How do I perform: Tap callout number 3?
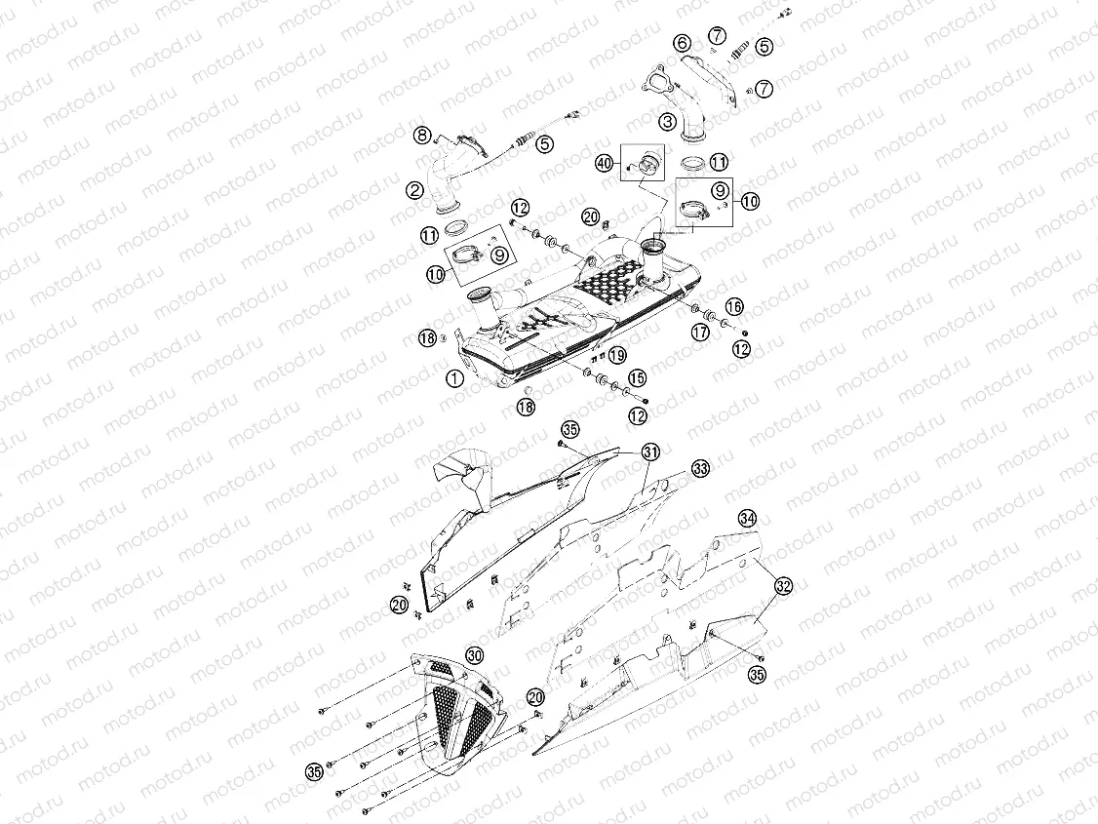click(x=667, y=122)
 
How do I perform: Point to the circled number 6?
click(x=682, y=43)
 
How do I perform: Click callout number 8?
click(x=421, y=135)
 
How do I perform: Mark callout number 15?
click(x=637, y=377)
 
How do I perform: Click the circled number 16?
click(x=733, y=307)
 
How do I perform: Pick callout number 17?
click(x=699, y=332)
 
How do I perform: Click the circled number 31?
click(x=650, y=451)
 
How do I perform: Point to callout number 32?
click(x=783, y=586)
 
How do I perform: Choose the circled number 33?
click(x=699, y=469)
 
